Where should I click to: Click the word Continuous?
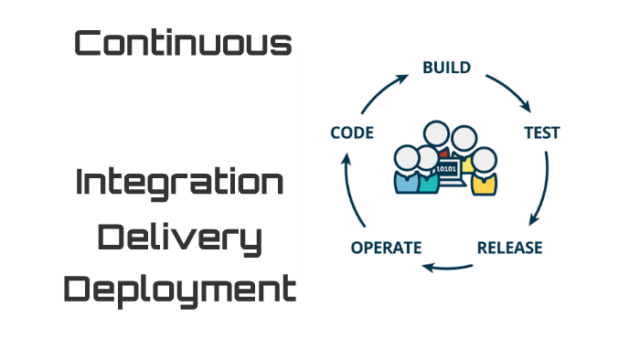click(183, 43)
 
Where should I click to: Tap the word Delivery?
click(179, 238)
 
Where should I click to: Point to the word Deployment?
click(181, 291)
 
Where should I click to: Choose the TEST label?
click(541, 132)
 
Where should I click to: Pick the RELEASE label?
click(509, 248)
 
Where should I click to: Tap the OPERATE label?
click(386, 248)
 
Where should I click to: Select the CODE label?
click(352, 132)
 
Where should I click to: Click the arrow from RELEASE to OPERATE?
click(447, 267)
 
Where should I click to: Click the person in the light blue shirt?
click(405, 179)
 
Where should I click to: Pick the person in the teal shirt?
click(428, 182)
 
